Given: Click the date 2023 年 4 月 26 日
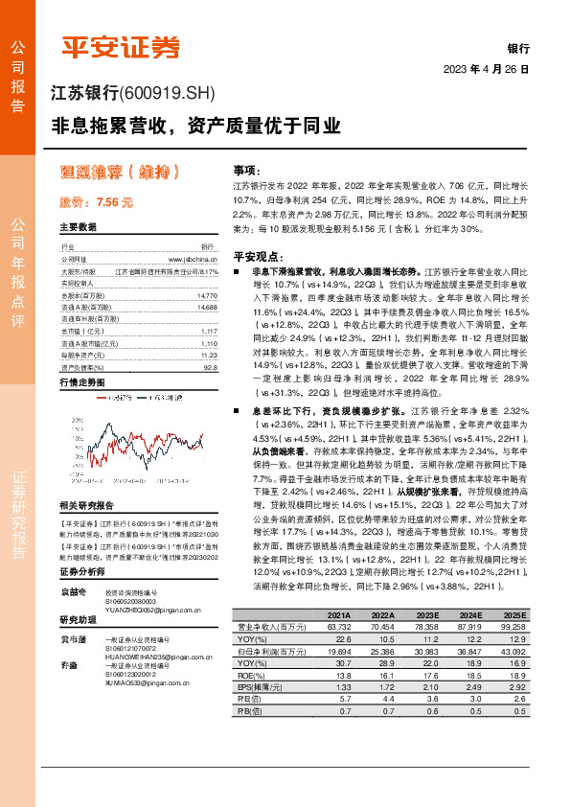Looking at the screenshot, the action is [486, 70].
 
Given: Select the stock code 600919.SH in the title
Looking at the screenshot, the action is [170, 94].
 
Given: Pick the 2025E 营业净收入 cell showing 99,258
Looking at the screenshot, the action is [511, 627].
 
